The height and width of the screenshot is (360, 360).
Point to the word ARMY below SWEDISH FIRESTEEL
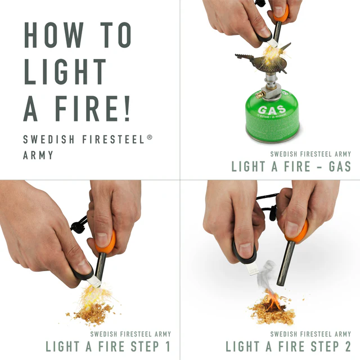pyautogui.click(x=38, y=155)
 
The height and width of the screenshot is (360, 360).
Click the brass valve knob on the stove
pyautogui.click(x=260, y=96)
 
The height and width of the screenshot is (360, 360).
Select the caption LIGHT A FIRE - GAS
pyautogui.click(x=291, y=166)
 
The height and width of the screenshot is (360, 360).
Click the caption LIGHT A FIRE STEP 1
pyautogui.click(x=107, y=345)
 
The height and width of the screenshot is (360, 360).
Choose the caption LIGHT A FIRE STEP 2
pyautogui.click(x=288, y=345)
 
